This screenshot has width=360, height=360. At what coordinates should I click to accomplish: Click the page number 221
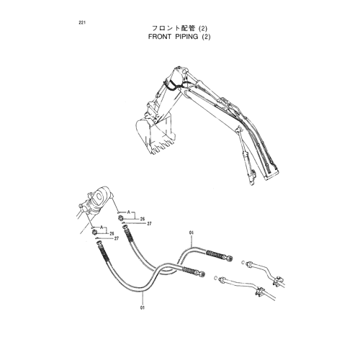pyautogui.click(x=82, y=23)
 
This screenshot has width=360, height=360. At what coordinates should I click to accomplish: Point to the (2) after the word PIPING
pyautogui.click(x=206, y=37)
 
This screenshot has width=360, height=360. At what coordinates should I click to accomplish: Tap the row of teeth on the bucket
pyautogui.click(x=162, y=146)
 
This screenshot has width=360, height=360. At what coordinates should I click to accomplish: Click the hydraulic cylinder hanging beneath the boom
pyautogui.click(x=246, y=156)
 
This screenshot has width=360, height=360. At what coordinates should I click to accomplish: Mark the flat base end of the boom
pyautogui.click(x=272, y=174)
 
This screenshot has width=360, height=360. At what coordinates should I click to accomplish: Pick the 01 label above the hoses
pyautogui.click(x=192, y=233)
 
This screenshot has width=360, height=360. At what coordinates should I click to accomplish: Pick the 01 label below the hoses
pyautogui.click(x=143, y=307)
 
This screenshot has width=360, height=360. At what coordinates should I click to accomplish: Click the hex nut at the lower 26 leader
pyautogui.click(x=94, y=232)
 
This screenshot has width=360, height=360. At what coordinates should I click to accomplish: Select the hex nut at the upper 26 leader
pyautogui.click(x=121, y=218)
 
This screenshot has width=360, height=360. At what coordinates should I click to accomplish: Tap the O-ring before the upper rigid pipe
pyautogui.click(x=243, y=263)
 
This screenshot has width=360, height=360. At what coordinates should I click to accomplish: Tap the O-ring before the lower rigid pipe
pyautogui.click(x=215, y=278)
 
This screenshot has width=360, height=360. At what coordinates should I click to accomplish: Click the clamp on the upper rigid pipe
pyautogui.click(x=279, y=281)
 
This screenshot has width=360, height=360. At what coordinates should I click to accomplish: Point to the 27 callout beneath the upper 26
pyautogui.click(x=150, y=224)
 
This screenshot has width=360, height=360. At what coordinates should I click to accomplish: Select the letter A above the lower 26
pyautogui.click(x=102, y=227)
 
